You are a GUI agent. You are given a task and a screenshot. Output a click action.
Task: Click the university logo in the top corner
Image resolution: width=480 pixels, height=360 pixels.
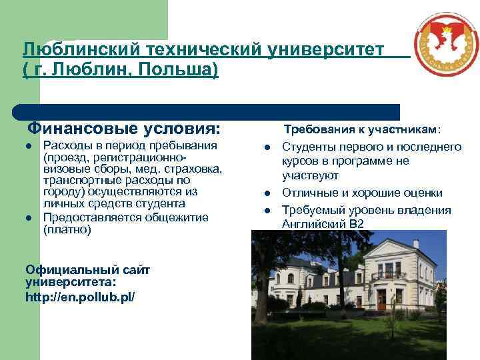[x=445, y=45]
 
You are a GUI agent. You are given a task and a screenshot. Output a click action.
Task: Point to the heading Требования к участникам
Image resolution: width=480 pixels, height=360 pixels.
[x=363, y=129]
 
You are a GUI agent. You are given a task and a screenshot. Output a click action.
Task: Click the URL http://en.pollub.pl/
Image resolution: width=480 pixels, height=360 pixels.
[x=80, y=295]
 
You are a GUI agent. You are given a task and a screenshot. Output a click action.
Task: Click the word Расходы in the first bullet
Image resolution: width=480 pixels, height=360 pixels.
[x=66, y=146]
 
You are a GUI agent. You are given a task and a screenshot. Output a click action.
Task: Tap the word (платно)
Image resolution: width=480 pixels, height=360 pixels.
[x=67, y=230]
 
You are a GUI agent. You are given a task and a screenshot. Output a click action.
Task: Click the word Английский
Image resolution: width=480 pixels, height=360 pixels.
[x=314, y=224]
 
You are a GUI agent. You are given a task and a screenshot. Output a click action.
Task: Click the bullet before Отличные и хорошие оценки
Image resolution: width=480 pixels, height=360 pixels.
[x=267, y=193]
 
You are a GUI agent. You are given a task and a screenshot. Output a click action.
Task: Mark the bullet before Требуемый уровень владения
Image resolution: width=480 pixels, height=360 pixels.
[x=267, y=210]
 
